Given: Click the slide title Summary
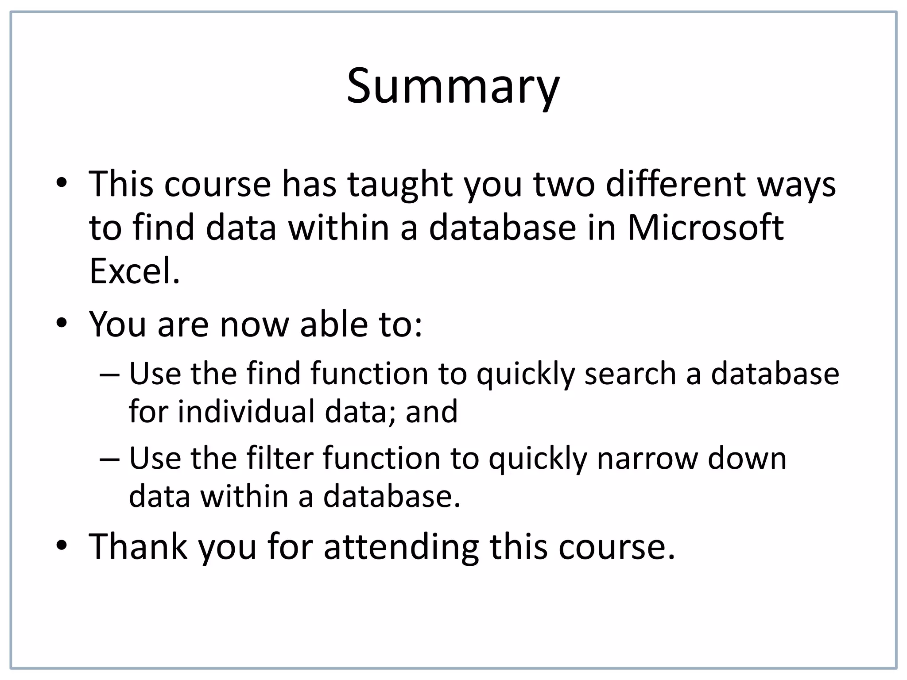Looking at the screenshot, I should click(x=453, y=87).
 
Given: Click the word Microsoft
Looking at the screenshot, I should click(x=705, y=228).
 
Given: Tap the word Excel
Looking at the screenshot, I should click(x=135, y=271).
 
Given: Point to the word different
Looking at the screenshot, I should click(x=675, y=184).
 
